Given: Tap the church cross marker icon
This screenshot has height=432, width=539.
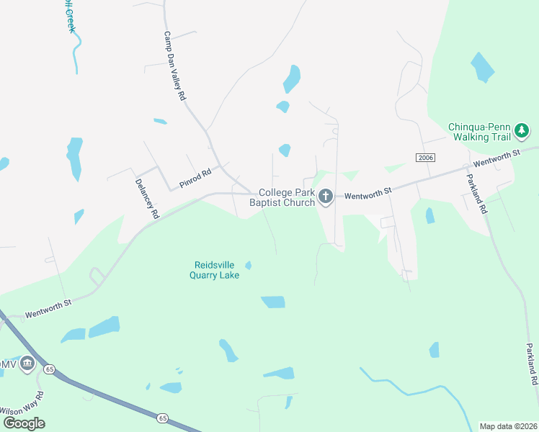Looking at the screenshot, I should coord(326,196).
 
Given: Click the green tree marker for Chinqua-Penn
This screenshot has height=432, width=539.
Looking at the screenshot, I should coord(521,131).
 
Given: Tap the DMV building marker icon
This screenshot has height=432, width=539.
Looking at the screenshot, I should coord(28,364).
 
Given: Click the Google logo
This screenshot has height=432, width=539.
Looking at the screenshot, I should coord(24,423).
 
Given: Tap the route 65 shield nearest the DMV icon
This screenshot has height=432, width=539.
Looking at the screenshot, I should coord(49,369).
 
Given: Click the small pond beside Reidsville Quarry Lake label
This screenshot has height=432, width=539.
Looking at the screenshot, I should coord(248,266).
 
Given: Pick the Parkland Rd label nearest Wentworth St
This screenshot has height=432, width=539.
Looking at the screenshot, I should coord(477,194).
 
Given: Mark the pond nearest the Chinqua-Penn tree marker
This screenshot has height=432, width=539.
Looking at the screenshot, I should coord(483,68).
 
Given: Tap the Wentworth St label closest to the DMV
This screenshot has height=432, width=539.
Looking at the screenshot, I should coord(48,310).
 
